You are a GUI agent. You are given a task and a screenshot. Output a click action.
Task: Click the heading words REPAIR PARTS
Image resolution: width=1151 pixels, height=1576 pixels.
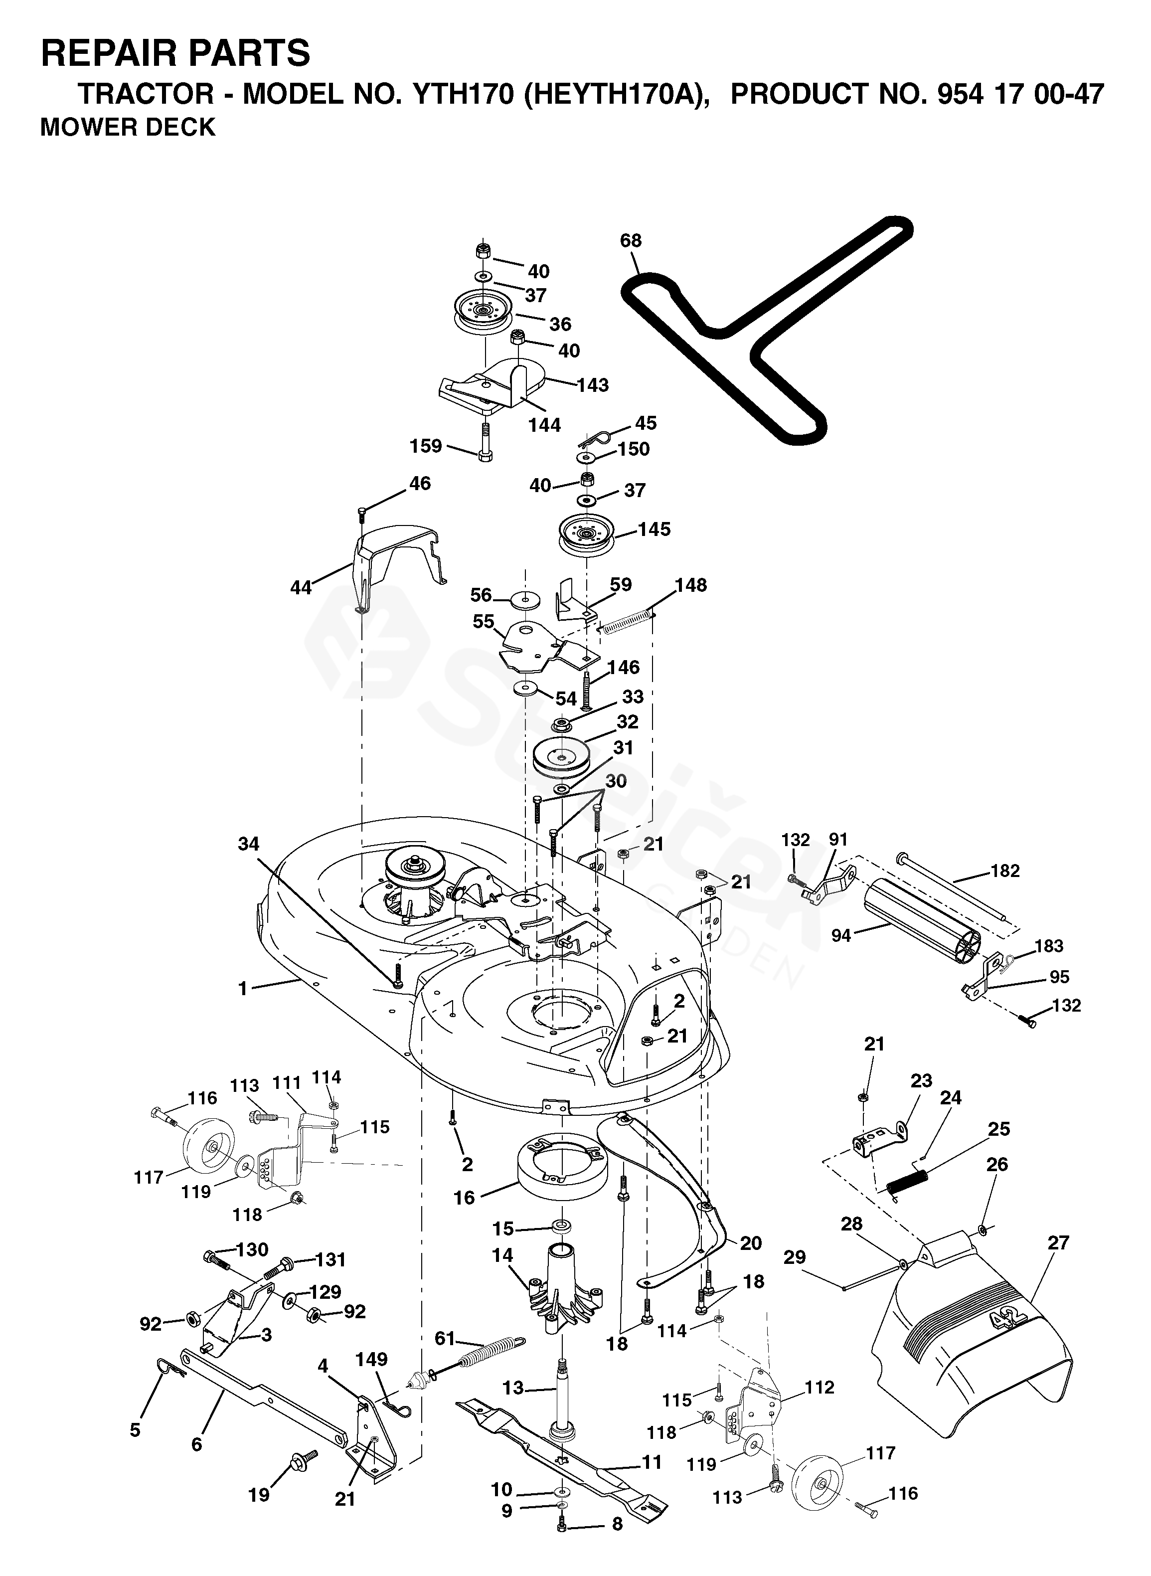point(175,53)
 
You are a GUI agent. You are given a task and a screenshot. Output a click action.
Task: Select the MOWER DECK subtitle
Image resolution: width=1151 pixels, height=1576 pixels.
point(128,128)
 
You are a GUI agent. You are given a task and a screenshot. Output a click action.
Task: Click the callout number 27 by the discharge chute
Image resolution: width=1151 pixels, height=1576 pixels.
point(1058,1242)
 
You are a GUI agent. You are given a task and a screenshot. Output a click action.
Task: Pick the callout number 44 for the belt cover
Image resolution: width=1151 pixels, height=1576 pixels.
point(301,588)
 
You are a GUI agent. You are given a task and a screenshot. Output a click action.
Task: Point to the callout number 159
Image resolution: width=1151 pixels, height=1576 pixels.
point(426,445)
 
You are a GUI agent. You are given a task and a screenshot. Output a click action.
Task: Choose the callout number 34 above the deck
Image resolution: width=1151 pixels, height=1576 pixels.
point(248,844)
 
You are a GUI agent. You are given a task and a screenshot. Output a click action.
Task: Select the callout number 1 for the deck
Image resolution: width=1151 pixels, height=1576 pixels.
point(242,989)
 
